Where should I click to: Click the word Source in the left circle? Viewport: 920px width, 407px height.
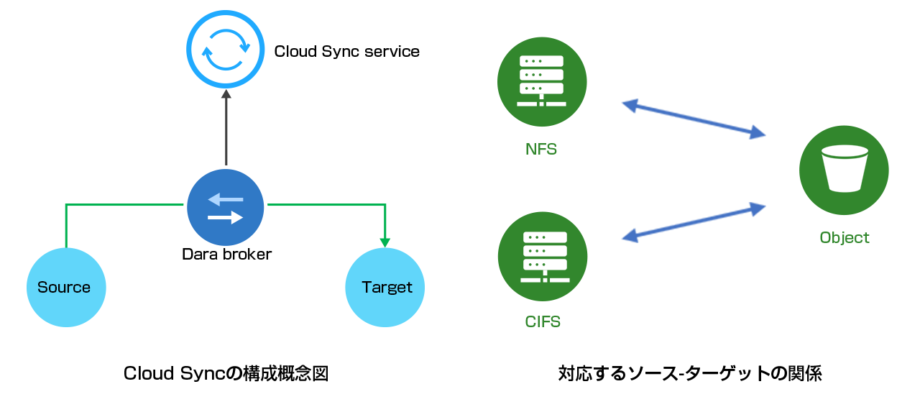[64, 288]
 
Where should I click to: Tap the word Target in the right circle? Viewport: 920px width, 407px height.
[387, 288]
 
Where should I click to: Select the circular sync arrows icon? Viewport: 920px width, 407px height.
[226, 50]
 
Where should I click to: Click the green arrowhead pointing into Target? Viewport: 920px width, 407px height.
[385, 242]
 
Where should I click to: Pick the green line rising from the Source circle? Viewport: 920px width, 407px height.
[66, 227]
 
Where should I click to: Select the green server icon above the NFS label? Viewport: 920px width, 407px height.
[542, 82]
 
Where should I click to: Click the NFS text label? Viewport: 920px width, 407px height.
[541, 150]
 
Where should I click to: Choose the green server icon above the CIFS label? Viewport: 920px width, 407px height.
[543, 257]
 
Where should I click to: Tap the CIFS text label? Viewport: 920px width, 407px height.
[543, 321]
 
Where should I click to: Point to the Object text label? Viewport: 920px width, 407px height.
[845, 238]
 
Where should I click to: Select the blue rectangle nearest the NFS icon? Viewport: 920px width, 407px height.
[693, 119]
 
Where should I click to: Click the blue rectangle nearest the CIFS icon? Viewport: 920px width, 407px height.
[693, 222]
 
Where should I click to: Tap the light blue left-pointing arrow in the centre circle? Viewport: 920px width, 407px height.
[225, 200]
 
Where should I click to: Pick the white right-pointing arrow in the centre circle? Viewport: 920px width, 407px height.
[226, 217]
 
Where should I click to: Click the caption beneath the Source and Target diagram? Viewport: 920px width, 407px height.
[226, 374]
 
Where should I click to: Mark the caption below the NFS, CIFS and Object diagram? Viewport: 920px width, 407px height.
[690, 374]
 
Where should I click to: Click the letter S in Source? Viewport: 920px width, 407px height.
[42, 288]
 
